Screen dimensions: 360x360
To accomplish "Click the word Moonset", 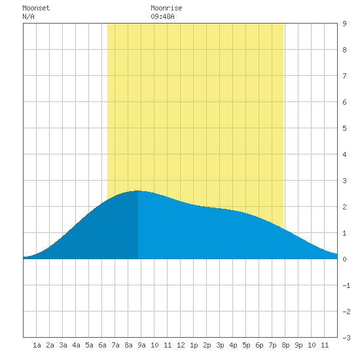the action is (36, 8).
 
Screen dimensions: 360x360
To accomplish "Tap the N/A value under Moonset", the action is (28, 16).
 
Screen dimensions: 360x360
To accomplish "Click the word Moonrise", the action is (166, 8).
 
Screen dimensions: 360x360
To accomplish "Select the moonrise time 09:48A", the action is (162, 16).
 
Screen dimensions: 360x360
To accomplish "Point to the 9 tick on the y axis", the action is (344, 24).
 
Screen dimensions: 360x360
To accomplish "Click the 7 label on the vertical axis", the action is (344, 76).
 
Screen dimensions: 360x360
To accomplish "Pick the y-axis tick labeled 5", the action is (344, 128).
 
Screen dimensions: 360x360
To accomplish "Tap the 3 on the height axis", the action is (344, 181).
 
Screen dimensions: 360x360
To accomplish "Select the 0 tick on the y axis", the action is (344, 259).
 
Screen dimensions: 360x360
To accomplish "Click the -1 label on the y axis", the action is (346, 285).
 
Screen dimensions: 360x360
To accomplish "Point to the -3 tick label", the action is (346, 338).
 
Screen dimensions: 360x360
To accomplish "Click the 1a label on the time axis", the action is (37, 345).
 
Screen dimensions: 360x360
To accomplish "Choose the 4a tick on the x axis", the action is (76, 345).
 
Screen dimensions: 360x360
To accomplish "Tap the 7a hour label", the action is (115, 345).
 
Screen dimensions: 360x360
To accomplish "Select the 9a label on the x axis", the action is (141, 345).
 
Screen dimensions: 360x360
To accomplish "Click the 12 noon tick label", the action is (181, 345).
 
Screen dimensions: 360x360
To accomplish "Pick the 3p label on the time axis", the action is (220, 345).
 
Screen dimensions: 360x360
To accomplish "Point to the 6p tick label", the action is (259, 345).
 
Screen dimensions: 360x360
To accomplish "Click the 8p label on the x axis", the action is (285, 345).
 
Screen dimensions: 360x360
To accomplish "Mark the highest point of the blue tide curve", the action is (137, 190).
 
